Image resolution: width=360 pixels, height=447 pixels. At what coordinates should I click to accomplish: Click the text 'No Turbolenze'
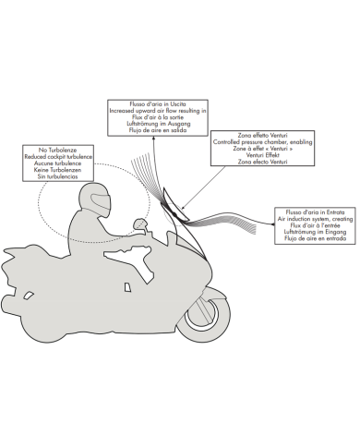pyautogui.click(x=57, y=151)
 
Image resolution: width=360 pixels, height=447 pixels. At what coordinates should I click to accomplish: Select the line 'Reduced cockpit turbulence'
pyautogui.click(x=58, y=157)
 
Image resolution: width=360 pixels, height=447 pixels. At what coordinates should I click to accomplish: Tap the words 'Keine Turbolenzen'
pyautogui.click(x=58, y=170)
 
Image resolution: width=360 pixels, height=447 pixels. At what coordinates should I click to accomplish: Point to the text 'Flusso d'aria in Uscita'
pyautogui.click(x=158, y=104)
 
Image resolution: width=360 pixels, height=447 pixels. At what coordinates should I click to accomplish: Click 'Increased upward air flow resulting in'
pyautogui.click(x=158, y=111)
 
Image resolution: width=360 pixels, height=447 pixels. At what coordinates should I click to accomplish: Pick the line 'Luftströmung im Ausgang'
pyautogui.click(x=159, y=124)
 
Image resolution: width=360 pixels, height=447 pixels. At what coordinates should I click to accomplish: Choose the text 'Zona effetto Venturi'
pyautogui.click(x=262, y=135)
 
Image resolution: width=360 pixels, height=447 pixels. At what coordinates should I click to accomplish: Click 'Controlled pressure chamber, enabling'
pyautogui.click(x=262, y=142)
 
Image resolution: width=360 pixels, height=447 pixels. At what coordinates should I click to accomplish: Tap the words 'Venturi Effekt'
pyautogui.click(x=263, y=155)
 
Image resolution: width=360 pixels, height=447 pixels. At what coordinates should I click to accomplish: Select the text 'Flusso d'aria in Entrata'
pyautogui.click(x=315, y=212)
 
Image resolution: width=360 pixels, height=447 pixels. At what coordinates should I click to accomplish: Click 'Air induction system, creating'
pyautogui.click(x=315, y=219)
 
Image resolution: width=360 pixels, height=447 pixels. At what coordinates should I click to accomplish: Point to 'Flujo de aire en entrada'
pyautogui.click(x=316, y=238)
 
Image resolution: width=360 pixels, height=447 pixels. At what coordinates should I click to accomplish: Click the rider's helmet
pyautogui.click(x=95, y=200)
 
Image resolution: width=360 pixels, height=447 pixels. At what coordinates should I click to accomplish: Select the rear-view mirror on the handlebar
pyautogui.click(x=139, y=223)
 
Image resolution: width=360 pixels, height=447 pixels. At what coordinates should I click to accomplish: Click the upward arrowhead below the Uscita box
pyautogui.click(x=153, y=139)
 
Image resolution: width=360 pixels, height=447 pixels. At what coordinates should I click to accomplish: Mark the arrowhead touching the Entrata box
pyautogui.click(x=272, y=224)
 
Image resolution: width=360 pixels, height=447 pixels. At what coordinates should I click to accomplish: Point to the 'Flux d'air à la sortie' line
pyautogui.click(x=158, y=117)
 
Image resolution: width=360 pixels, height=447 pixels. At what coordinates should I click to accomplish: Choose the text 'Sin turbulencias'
pyautogui.click(x=57, y=176)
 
